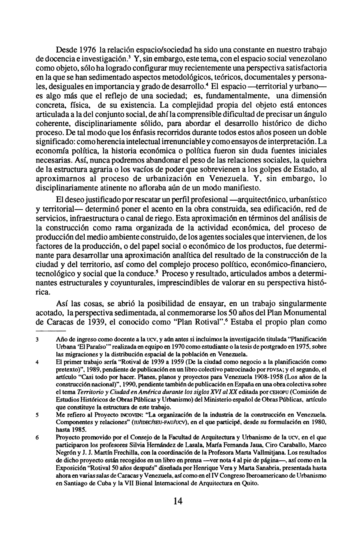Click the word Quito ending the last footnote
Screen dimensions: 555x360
pos(249,483)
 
